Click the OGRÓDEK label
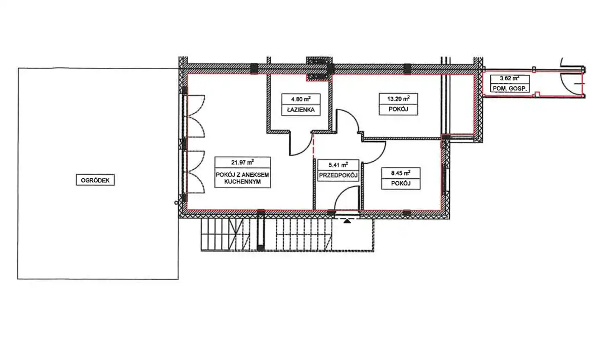pyautogui.click(x=95, y=180)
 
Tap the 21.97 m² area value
pyautogui.click(x=242, y=162)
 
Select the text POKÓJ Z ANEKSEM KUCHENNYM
pyautogui.click(x=242, y=178)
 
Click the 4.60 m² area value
pyautogui.click(x=300, y=99)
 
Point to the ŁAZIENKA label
pyautogui.click(x=301, y=110)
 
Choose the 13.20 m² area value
pyautogui.click(x=398, y=99)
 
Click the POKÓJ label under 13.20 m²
pyautogui.click(x=398, y=109)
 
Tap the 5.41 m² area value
pyautogui.click(x=338, y=165)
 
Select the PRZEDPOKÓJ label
pyautogui.click(x=338, y=175)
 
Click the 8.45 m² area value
pyautogui.click(x=400, y=173)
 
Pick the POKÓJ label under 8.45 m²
pyautogui.click(x=401, y=183)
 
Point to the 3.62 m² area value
pyautogui.click(x=510, y=78)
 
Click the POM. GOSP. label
pyautogui.click(x=510, y=89)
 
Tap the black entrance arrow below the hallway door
pyautogui.click(x=347, y=221)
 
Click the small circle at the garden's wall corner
pyautogui.click(x=176, y=203)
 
